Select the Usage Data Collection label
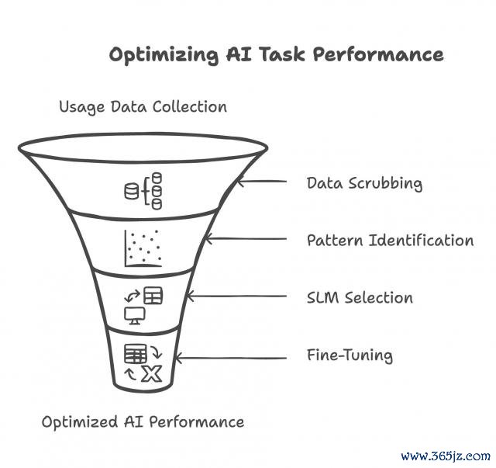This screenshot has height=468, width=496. click(143, 106)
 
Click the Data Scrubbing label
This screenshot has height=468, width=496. click(364, 183)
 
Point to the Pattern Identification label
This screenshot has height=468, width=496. click(390, 240)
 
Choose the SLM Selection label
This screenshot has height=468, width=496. click(360, 297)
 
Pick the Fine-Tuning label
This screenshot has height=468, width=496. click(350, 355)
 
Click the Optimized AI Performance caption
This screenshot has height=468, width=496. click(143, 421)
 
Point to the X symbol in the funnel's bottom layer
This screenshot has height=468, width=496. click(153, 374)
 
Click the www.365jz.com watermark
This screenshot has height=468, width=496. click(446, 455)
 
